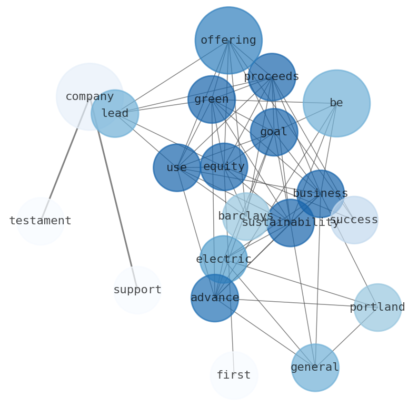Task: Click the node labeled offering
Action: [x=228, y=40]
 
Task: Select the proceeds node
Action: [x=272, y=77]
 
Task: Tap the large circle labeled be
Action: [x=336, y=103]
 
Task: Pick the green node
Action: [x=212, y=100]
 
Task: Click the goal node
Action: [x=274, y=132]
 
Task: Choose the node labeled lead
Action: [x=115, y=114]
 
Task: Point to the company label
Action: [x=89, y=97]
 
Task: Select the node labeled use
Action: [x=177, y=167]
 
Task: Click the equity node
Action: [x=224, y=167]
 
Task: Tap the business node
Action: [x=320, y=193]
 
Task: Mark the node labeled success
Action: [x=354, y=220]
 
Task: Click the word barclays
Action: [x=245, y=216]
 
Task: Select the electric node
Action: [x=223, y=259]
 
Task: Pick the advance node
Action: [x=215, y=298]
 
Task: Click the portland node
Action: [x=377, y=308]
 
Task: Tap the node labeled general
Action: [x=315, y=368]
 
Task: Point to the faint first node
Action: [x=234, y=375]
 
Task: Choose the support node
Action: [x=137, y=290]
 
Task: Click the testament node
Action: [x=41, y=221]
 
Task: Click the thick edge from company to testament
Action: [x=66, y=158]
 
